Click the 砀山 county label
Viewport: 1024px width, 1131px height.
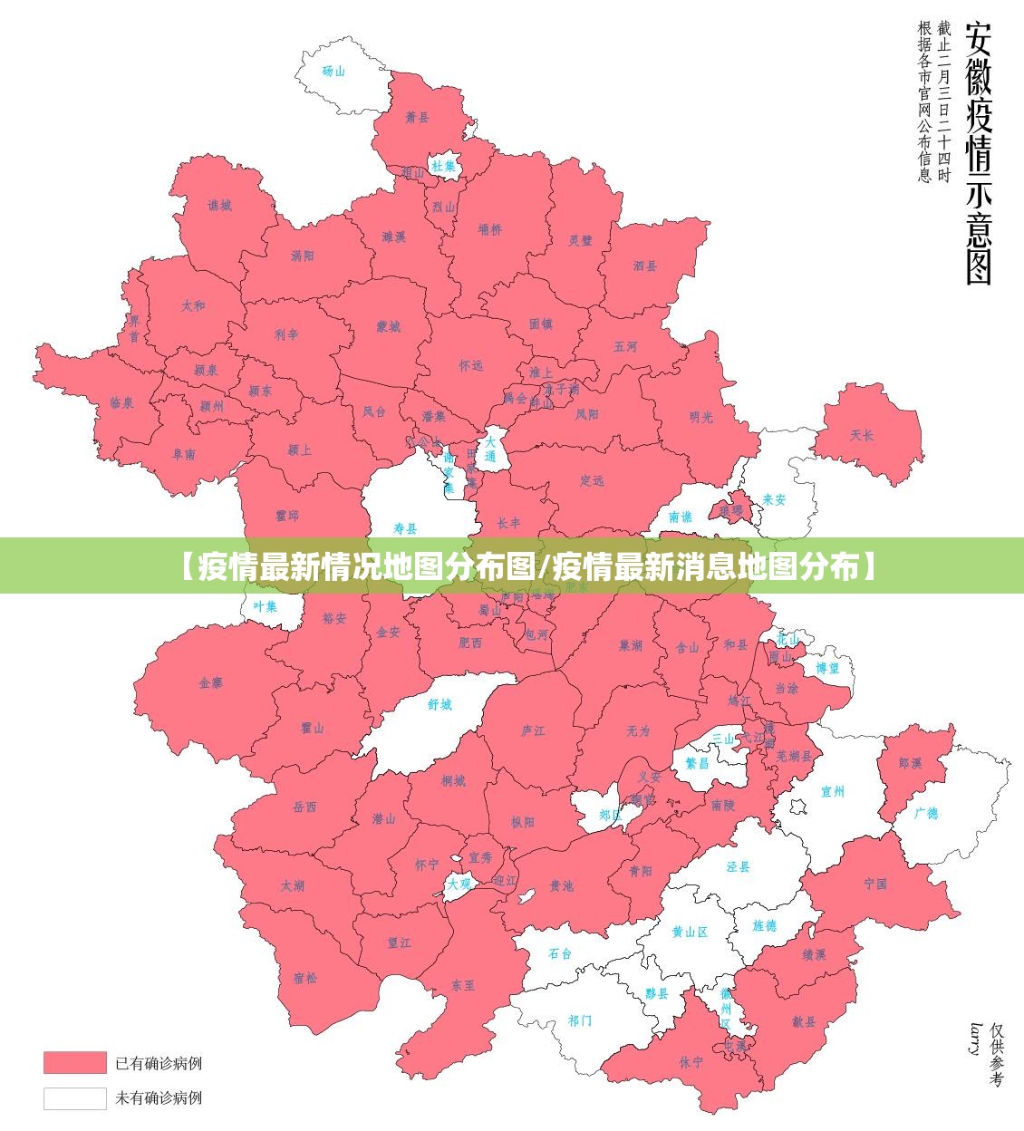pyautogui.click(x=333, y=71)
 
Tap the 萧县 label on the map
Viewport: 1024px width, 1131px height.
pyautogui.click(x=417, y=117)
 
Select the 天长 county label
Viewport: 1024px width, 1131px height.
pyautogui.click(x=862, y=436)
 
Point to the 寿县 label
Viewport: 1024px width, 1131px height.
pyautogui.click(x=405, y=528)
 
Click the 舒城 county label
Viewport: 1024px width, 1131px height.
pyautogui.click(x=440, y=704)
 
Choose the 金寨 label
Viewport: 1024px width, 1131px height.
pyautogui.click(x=210, y=683)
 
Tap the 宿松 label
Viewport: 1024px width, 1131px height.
pyautogui.click(x=305, y=977)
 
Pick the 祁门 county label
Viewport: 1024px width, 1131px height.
pyautogui.click(x=580, y=1020)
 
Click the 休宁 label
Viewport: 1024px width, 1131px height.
pyautogui.click(x=691, y=1061)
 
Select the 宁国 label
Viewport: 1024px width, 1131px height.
pyautogui.click(x=875, y=883)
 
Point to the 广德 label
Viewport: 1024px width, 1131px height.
pyautogui.click(x=926, y=813)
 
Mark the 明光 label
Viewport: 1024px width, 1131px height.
pyautogui.click(x=700, y=417)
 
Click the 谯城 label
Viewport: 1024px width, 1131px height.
pyautogui.click(x=219, y=206)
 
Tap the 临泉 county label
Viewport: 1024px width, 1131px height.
pyautogui.click(x=121, y=402)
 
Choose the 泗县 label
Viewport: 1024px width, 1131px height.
pyautogui.click(x=645, y=266)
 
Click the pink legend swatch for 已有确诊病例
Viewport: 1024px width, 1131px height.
pyautogui.click(x=75, y=1061)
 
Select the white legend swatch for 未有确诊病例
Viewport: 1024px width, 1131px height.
pyautogui.click(x=75, y=1097)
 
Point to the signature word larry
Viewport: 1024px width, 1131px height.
pyautogui.click(x=975, y=1039)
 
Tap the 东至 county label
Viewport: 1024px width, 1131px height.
pyautogui.click(x=463, y=985)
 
